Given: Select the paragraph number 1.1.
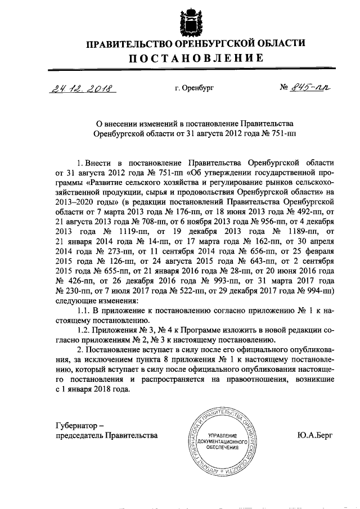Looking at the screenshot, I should pos(84,310).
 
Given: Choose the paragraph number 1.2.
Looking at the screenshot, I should pos(84,330).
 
